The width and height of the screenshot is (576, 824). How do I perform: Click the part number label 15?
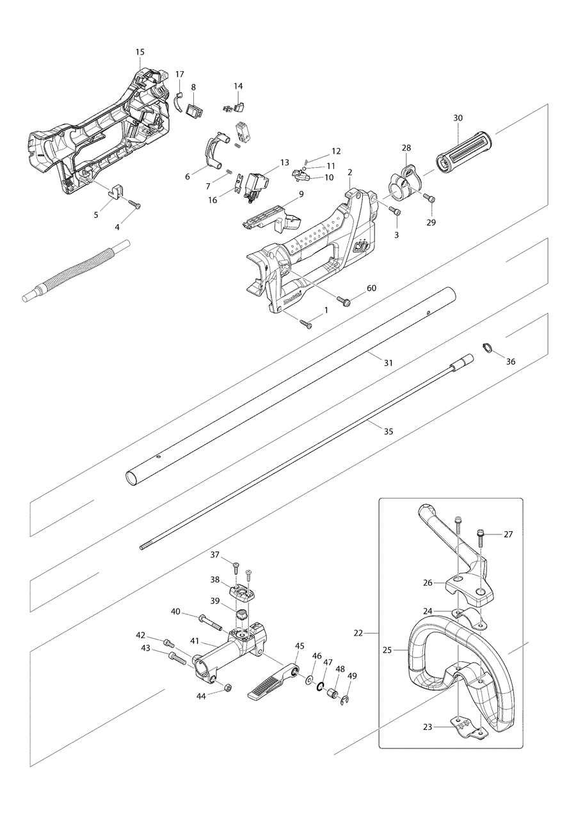pyautogui.click(x=140, y=51)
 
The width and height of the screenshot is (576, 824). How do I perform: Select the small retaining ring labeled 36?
pyautogui.click(x=487, y=349)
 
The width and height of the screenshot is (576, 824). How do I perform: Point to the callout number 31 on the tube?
pyautogui.click(x=388, y=363)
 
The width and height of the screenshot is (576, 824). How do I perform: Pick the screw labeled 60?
pyautogui.click(x=346, y=300)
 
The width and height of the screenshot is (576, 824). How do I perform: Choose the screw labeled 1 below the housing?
pyautogui.click(x=306, y=324)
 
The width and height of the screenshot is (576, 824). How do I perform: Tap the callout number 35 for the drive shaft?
pyautogui.click(x=388, y=431)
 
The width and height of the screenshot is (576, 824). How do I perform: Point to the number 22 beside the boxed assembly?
pyautogui.click(x=358, y=632)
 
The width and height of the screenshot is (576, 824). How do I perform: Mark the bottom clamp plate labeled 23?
pyautogui.click(x=469, y=727)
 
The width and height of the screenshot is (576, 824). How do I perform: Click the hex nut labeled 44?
pyautogui.click(x=227, y=688)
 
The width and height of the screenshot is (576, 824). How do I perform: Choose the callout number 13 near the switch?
pyautogui.click(x=285, y=163)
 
